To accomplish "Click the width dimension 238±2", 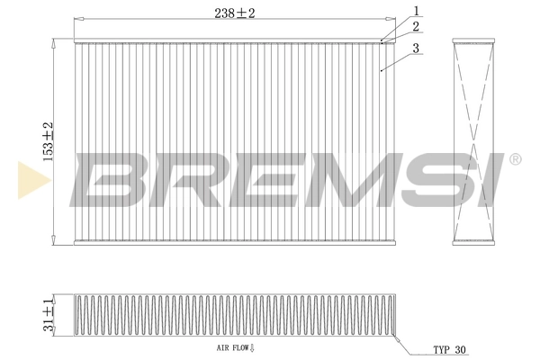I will (228, 13).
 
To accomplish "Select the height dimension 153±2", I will (48, 140).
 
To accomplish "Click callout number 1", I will (417, 11).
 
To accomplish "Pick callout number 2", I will (417, 26).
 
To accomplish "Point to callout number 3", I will (417, 49).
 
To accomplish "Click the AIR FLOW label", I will (232, 345).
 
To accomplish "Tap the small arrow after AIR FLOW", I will (253, 345).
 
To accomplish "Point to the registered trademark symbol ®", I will (514, 160).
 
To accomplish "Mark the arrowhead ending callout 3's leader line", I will (382, 68).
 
